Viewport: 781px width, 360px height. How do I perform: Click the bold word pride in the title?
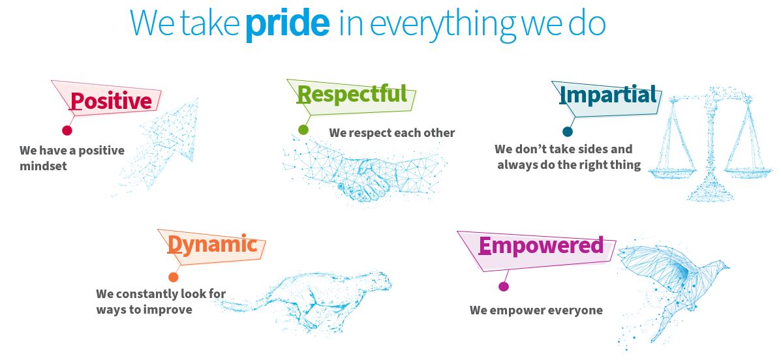click(x=287, y=24)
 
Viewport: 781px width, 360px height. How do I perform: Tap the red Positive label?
click(x=110, y=101)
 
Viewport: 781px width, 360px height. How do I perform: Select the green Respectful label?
click(x=352, y=95)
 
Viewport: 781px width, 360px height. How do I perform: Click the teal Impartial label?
click(x=607, y=95)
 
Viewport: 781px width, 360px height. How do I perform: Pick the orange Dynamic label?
click(x=212, y=244)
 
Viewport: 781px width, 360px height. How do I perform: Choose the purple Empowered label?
click(x=541, y=245)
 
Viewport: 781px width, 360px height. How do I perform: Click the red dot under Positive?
click(x=67, y=130)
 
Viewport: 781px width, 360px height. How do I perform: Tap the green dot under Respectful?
click(x=303, y=130)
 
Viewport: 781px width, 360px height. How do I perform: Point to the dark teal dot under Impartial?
click(x=568, y=132)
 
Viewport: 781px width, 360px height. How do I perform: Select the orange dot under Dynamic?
click(x=174, y=277)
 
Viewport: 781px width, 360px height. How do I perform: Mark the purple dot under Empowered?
click(x=504, y=286)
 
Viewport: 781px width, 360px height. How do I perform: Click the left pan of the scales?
click(x=673, y=172)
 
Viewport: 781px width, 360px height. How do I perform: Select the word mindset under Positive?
click(x=43, y=166)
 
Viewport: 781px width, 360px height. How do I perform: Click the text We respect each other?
click(x=392, y=133)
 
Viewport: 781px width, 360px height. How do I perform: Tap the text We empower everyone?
click(x=536, y=310)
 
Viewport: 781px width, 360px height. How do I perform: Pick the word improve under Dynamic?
click(x=168, y=309)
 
